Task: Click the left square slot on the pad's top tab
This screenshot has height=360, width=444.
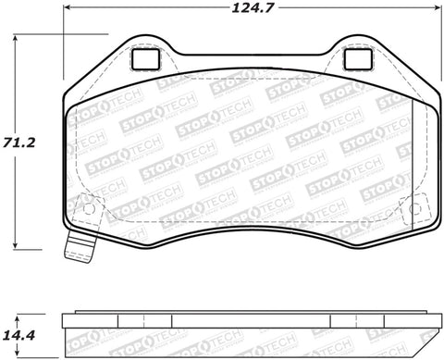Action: click(143, 58)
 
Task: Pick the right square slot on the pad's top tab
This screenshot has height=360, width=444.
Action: click(356, 58)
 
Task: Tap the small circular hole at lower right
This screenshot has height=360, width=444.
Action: click(414, 208)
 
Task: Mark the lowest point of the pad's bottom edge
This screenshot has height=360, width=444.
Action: click(250, 251)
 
